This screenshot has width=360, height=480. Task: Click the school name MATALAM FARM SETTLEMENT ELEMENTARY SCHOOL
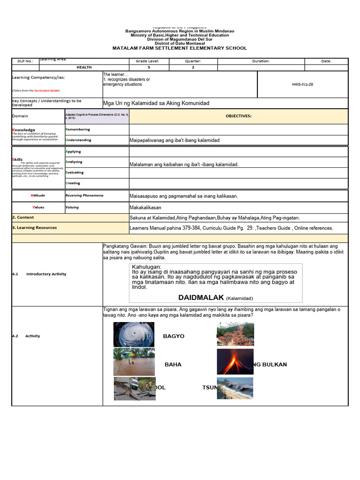point(180,48)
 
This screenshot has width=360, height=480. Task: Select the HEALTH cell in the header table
point(84,67)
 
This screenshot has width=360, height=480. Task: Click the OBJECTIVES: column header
point(238,116)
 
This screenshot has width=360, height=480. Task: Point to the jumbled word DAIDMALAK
point(201,298)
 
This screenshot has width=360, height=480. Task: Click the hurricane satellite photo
point(134,335)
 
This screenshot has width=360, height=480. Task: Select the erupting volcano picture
point(235,361)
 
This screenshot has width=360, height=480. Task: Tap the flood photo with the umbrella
point(134,361)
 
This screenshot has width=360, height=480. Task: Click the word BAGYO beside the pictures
point(173,336)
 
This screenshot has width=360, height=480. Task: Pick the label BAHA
point(173,365)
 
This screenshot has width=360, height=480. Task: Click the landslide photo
point(235,335)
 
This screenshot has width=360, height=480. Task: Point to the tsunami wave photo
point(235,388)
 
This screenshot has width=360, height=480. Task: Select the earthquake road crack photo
point(134,388)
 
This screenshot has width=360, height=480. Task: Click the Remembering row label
point(78,129)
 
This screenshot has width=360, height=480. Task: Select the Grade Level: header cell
point(148,61)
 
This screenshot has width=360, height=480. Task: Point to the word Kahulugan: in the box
point(146,267)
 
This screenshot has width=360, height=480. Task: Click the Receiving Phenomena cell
point(84,195)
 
